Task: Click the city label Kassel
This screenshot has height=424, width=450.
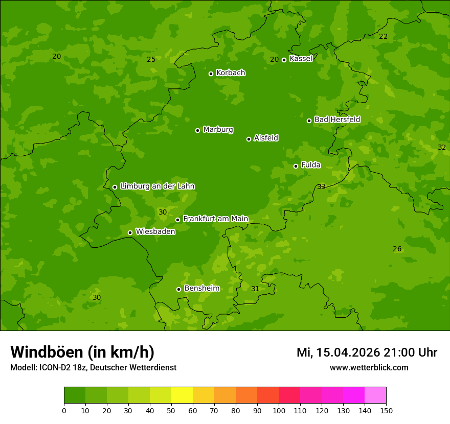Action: pyautogui.click(x=301, y=59)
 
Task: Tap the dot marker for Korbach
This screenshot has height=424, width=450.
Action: pyautogui.click(x=211, y=74)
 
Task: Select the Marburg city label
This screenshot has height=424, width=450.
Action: pyautogui.click(x=218, y=130)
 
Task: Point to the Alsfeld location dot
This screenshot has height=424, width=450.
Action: pyautogui.click(x=249, y=139)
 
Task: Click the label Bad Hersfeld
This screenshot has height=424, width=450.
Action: pyautogui.click(x=337, y=120)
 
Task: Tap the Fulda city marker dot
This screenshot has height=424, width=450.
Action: pyautogui.click(x=296, y=166)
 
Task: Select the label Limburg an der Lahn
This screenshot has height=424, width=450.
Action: pyautogui.click(x=157, y=186)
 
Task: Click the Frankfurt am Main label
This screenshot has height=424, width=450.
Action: pyautogui.click(x=215, y=219)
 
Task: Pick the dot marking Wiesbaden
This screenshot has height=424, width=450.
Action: pyautogui.click(x=130, y=232)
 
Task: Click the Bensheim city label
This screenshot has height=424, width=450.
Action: pyautogui.click(x=201, y=288)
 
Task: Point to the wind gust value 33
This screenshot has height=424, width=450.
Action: pyautogui.click(x=321, y=186)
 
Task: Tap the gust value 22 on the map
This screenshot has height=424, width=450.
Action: pyautogui.click(x=383, y=36)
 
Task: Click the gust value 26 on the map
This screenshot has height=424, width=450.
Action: pyautogui.click(x=397, y=249)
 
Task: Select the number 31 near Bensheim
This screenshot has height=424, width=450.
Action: pyautogui.click(x=255, y=289)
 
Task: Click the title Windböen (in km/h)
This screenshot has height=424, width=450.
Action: pyautogui.click(x=82, y=352)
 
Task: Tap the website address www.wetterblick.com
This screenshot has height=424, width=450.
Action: pyautogui.click(x=369, y=367)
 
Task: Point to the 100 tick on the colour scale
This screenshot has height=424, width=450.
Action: pyautogui.click(x=279, y=410)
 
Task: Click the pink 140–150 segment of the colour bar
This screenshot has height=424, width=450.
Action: pyautogui.click(x=375, y=395)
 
